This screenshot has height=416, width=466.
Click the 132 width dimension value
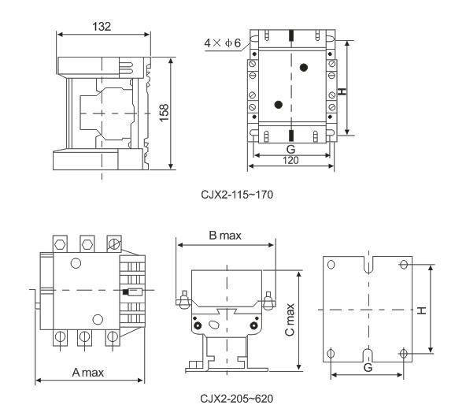102,27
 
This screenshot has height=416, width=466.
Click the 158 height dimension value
164,113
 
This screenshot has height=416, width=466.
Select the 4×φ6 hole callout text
222,43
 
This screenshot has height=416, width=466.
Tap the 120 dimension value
290,161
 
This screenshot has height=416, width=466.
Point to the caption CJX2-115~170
237,195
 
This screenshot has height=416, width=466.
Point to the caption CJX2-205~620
237,399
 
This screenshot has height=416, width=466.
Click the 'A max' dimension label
88,373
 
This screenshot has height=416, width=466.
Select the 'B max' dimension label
225,236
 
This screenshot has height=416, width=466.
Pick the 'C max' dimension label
290,320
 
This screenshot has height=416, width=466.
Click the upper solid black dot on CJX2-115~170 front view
303,68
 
